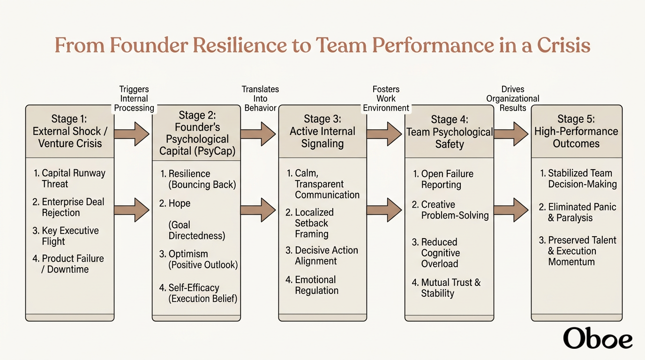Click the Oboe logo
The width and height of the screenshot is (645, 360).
[x=598, y=338]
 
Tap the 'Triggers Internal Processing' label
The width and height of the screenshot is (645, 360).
[x=134, y=98]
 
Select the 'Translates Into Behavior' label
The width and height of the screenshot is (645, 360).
[x=260, y=98]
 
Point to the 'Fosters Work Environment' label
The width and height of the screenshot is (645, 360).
[x=386, y=98]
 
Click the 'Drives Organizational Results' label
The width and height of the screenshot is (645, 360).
[x=513, y=98]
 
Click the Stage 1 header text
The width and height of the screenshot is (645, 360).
[x=70, y=131]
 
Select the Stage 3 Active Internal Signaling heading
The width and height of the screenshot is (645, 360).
[x=322, y=131]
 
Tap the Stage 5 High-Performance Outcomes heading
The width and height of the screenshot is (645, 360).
[x=576, y=131]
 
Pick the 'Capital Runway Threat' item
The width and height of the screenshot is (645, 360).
[x=69, y=178]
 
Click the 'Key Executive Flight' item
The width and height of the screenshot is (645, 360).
[x=66, y=236]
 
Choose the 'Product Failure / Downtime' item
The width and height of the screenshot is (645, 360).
[x=68, y=264]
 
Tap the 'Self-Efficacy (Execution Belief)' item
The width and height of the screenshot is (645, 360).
[x=198, y=293]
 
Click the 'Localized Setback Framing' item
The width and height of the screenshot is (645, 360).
[x=309, y=223]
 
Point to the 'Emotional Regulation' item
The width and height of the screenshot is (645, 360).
[x=312, y=285]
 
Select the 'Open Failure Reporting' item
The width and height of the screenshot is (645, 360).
[x=443, y=179]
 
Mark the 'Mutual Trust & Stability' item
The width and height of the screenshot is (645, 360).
[x=446, y=288]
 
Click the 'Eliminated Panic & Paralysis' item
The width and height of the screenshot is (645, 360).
[x=577, y=212]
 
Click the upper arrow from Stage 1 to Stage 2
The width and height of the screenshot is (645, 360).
[x=132, y=134]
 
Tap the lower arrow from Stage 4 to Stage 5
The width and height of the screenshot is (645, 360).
[x=511, y=210]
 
